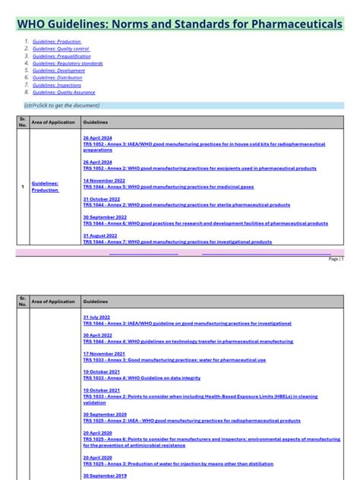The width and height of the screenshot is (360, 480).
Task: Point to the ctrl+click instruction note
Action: (x=62, y=106)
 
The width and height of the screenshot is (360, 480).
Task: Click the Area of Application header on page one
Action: (x=53, y=122)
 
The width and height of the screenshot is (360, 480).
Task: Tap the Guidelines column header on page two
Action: (x=95, y=302)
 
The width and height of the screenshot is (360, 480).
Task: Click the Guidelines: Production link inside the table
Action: (x=45, y=187)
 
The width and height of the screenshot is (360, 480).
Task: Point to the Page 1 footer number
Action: (x=336, y=259)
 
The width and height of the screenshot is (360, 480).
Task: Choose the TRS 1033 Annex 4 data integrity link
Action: (x=142, y=378)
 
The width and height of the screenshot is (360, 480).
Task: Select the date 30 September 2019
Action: (x=104, y=476)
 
